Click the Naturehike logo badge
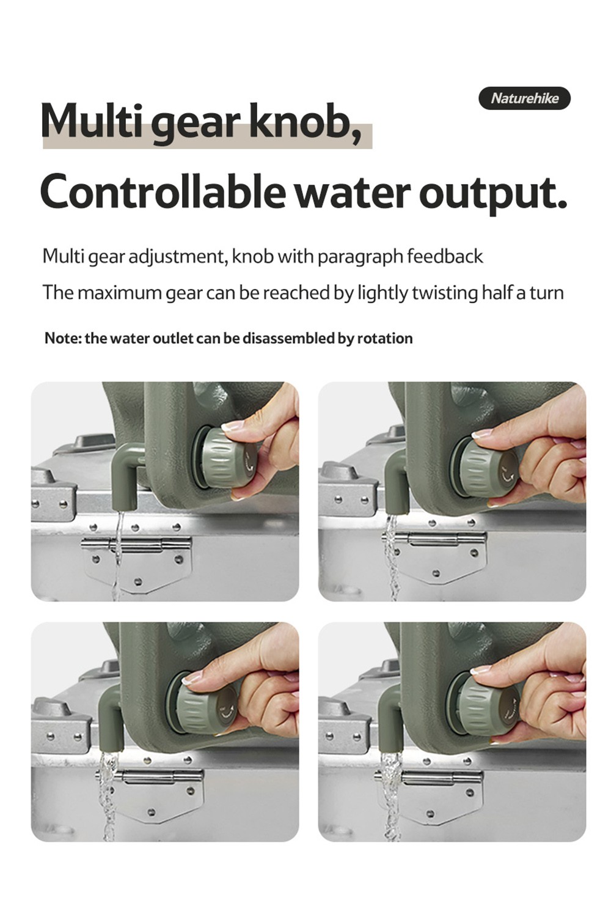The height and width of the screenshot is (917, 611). [x=524, y=98]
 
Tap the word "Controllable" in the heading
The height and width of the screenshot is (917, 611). [x=163, y=191]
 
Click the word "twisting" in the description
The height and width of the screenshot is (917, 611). [x=445, y=293]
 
